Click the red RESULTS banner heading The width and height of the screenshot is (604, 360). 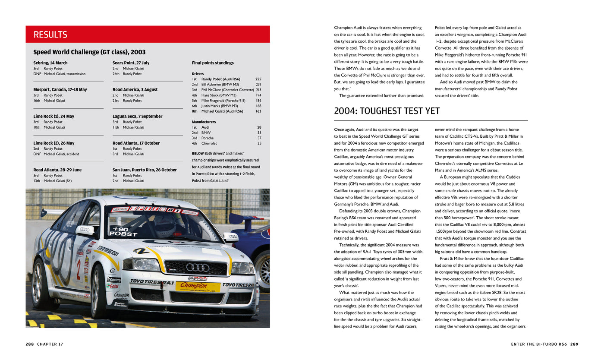click(50, 35)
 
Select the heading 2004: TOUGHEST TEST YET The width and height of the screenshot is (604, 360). click(387, 111)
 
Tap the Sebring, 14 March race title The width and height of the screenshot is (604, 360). click(50, 63)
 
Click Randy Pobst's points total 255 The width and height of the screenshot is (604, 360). click(258, 79)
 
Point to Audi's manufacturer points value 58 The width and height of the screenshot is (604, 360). click(259, 127)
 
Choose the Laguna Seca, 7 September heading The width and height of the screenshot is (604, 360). click(137, 117)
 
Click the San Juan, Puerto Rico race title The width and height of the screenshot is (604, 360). click(145, 170)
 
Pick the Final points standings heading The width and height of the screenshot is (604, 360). click(213, 63)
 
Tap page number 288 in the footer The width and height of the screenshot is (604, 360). click(30, 344)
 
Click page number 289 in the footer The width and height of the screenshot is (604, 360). click(574, 344)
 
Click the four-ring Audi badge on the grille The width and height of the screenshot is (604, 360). click(197, 267)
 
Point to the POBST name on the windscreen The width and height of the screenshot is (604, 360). click(123, 234)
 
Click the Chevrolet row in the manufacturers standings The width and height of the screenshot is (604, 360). click(209, 143)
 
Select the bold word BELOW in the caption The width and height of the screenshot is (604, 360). click(198, 154)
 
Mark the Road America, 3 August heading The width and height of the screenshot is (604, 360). click(135, 90)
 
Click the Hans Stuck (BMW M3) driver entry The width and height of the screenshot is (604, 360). click(219, 95)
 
